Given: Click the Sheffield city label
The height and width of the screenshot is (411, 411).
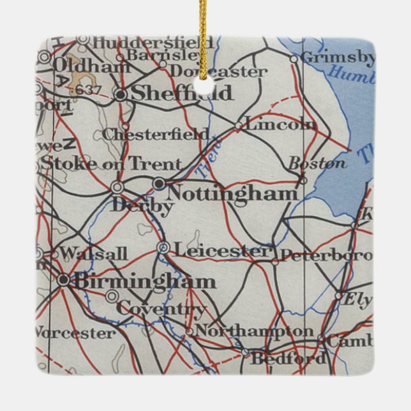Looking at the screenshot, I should [x=183, y=94].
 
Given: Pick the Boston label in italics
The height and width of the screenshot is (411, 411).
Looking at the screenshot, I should [x=317, y=163].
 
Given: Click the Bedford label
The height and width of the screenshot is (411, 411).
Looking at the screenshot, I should [x=288, y=359].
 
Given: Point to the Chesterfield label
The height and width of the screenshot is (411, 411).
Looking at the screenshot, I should [x=155, y=135].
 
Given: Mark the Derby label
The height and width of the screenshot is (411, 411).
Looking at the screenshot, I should [x=141, y=207].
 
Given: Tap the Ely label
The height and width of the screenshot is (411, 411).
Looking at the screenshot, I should [x=357, y=299].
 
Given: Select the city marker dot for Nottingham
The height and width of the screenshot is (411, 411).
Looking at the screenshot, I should [x=159, y=184].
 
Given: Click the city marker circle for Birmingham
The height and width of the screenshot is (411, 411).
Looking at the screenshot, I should [x=63, y=280].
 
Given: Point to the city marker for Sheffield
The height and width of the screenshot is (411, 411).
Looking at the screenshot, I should [x=121, y=94].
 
